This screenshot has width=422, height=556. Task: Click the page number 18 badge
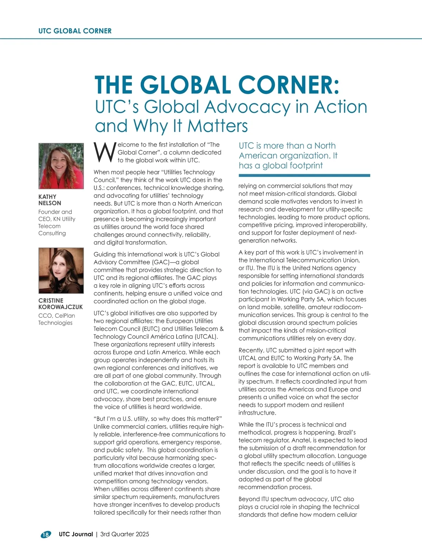[x=45, y=535]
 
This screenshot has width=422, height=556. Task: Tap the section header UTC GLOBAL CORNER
[x=75, y=31]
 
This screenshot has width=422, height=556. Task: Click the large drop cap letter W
[x=104, y=153]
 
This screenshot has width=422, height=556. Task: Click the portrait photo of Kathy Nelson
[x=61, y=166]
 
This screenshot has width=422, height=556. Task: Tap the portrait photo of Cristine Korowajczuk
[x=61, y=271]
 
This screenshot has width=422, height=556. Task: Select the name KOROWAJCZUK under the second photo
[x=60, y=307]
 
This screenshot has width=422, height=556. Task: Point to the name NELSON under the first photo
[x=50, y=203]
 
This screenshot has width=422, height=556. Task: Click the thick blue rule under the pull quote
[x=304, y=175]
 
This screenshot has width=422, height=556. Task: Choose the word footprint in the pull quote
[x=303, y=166]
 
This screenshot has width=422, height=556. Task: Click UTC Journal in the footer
[x=76, y=534]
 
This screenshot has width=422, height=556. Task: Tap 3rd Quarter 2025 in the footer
[x=124, y=534]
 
